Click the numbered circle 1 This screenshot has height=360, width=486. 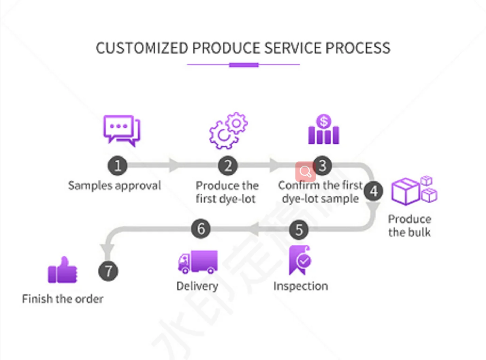click(x=117, y=166)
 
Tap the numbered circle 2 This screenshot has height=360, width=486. click(x=228, y=166)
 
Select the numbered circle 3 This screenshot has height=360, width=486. click(x=322, y=166)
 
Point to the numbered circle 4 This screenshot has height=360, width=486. click(x=373, y=191)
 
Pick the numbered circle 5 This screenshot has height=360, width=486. click(x=299, y=230)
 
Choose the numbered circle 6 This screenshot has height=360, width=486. click(x=201, y=229)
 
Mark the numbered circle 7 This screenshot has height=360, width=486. click(x=108, y=271)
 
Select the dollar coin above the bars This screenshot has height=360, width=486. click(x=323, y=121)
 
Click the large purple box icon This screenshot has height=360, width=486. click(x=405, y=191)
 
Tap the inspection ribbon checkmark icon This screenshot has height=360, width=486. click(x=300, y=260)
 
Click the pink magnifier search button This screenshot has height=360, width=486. click(x=305, y=172)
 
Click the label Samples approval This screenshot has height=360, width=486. click(x=114, y=186)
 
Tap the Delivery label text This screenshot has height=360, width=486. click(x=197, y=286)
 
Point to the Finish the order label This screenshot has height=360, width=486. click(x=63, y=299)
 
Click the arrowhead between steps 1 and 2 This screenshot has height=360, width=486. click(x=174, y=165)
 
